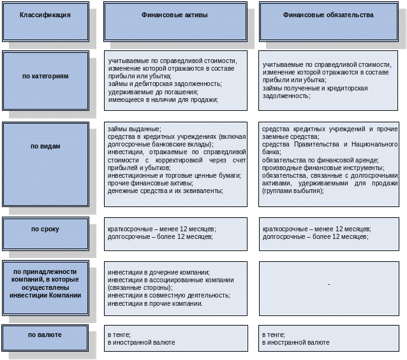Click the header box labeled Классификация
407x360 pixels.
point(45,14)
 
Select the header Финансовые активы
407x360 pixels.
point(174,14)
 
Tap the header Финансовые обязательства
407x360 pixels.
point(328,14)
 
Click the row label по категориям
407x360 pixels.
point(45,76)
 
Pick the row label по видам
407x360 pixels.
point(45,146)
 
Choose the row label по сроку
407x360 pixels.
point(45,229)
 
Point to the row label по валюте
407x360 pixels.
point(45,334)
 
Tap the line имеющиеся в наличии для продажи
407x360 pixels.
point(163,99)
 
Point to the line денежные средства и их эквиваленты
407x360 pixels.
point(166,191)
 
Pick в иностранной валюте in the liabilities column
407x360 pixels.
point(296,342)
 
